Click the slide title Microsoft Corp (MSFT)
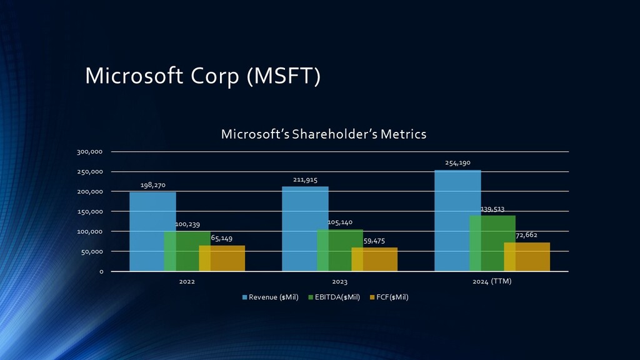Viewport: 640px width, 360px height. [x=202, y=76]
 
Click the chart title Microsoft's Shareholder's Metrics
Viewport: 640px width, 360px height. [x=324, y=134]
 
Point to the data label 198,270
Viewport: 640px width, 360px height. [x=152, y=185]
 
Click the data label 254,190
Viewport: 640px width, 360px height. [x=457, y=163]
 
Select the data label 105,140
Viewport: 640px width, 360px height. [x=340, y=222]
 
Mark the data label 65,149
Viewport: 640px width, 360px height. [x=222, y=238]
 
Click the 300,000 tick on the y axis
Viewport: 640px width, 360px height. [x=90, y=152]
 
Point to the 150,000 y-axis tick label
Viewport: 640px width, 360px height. [x=90, y=212]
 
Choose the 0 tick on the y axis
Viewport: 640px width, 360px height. [x=101, y=272]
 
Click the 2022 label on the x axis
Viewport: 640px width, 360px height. [x=187, y=282]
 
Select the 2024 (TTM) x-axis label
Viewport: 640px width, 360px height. [x=491, y=281]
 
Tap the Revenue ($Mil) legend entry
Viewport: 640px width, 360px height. [x=275, y=297]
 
